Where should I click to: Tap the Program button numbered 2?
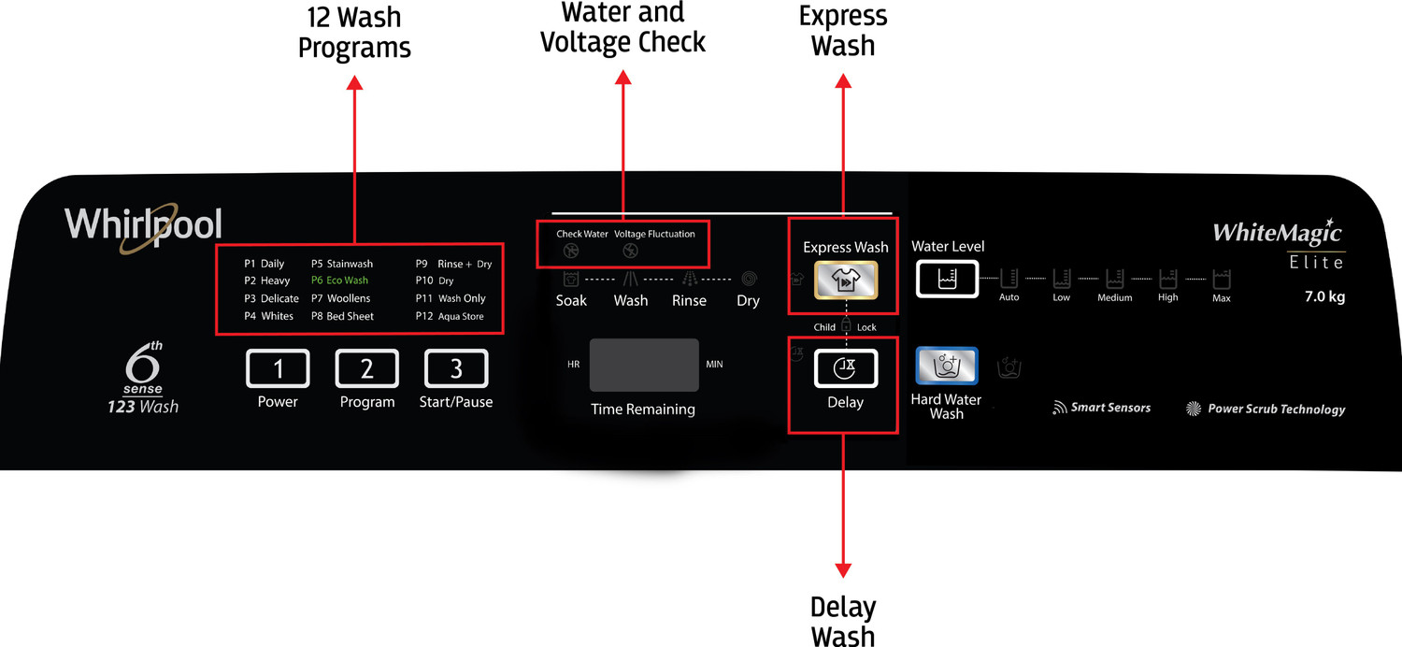[366, 368]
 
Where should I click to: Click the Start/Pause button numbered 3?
[456, 368]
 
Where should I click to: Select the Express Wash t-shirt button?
[845, 280]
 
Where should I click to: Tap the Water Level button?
[947, 279]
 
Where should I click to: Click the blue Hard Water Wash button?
[946, 366]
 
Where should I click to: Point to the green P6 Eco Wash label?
[339, 280]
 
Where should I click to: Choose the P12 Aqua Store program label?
[450, 317]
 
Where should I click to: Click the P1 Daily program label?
[264, 264]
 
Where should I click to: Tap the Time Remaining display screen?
[643, 365]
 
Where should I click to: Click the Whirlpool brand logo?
[143, 226]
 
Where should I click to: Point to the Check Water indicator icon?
[570, 251]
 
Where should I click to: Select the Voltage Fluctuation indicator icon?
[630, 251]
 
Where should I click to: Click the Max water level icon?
[1222, 279]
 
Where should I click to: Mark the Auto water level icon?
[1009, 279]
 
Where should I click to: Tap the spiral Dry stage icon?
[749, 279]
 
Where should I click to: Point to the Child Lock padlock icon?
[846, 325]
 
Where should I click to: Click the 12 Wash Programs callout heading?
[354, 32]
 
